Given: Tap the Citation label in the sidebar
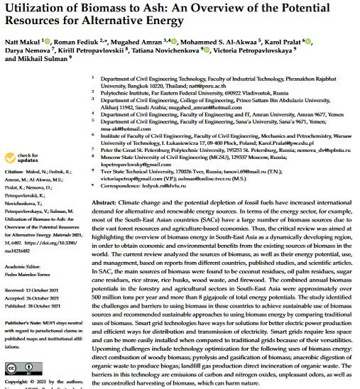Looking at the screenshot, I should click(x=16, y=172).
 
